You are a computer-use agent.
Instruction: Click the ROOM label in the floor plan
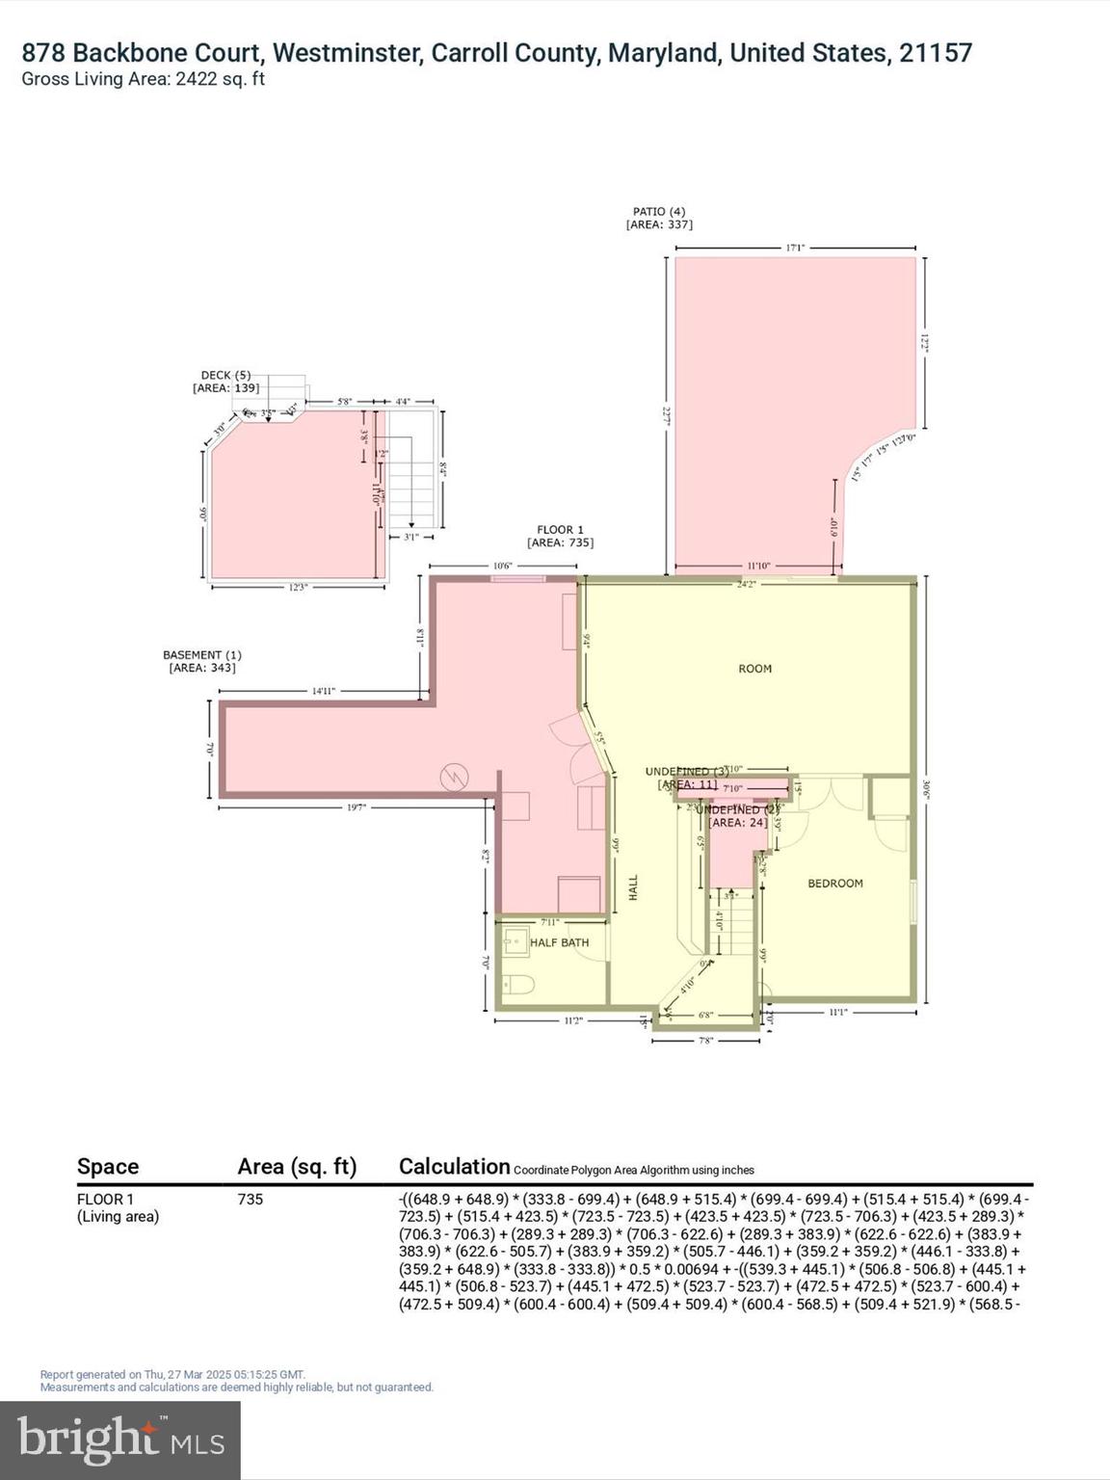click(x=754, y=669)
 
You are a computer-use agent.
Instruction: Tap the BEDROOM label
click(x=834, y=884)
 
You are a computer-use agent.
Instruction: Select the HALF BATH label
click(x=559, y=942)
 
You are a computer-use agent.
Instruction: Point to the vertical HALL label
click(x=633, y=887)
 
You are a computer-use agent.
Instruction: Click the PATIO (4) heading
click(x=659, y=212)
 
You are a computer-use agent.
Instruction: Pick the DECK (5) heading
click(x=225, y=376)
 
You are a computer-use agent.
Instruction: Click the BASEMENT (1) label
click(x=201, y=655)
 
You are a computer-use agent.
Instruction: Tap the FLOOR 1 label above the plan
click(x=560, y=530)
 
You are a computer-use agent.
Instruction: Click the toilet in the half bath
click(x=515, y=986)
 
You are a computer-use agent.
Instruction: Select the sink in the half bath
click(x=514, y=939)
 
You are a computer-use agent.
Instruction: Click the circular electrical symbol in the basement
click(x=453, y=776)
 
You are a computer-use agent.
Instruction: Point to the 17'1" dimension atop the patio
click(x=794, y=248)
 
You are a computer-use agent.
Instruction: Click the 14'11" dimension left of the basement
click(x=323, y=691)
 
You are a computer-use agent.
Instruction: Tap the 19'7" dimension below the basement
click(x=357, y=807)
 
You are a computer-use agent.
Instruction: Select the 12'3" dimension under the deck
click(x=298, y=587)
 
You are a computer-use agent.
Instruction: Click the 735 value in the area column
click(x=251, y=1200)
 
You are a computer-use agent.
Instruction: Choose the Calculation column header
click(x=454, y=1167)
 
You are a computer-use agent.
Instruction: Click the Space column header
click(x=108, y=1167)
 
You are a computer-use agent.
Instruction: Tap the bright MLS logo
click(x=120, y=1440)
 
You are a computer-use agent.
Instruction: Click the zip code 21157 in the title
click(x=936, y=53)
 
